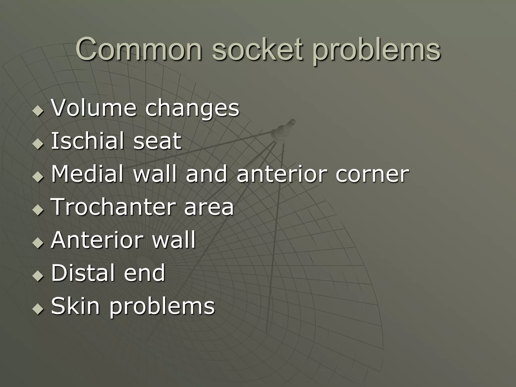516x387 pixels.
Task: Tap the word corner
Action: pos(372,174)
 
